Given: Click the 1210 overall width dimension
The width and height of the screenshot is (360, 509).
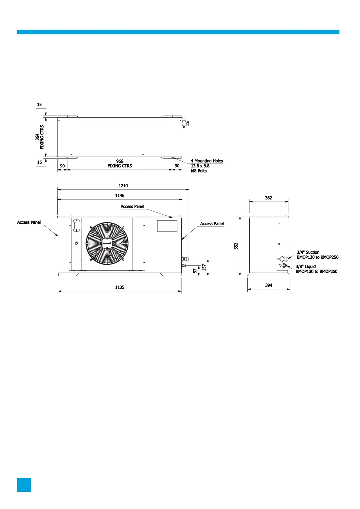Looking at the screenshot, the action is (123, 186).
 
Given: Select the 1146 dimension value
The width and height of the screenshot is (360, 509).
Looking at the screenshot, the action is (120, 196).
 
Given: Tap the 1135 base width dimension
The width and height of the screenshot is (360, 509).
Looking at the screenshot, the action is (120, 287).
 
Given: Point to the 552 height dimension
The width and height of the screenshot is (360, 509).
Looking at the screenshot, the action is (236, 246).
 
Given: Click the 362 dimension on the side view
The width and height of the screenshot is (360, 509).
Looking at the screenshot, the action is (268, 198).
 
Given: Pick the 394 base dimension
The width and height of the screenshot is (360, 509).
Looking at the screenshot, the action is (269, 285).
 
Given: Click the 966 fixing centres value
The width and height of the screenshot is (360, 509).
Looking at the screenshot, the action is (120, 161).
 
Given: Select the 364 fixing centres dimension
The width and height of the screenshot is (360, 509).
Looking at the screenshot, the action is (37, 137).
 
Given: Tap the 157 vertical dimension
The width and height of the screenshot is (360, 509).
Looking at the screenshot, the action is (204, 267).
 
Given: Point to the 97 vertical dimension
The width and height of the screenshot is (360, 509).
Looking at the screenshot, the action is (195, 271).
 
